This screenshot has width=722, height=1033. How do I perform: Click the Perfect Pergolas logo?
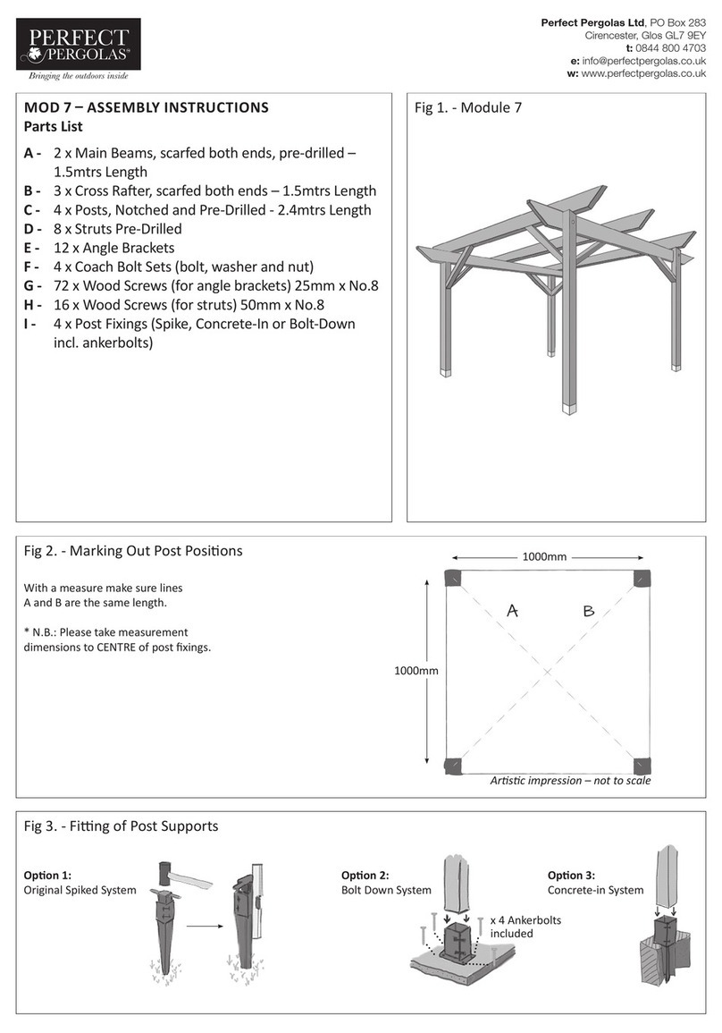[76, 49]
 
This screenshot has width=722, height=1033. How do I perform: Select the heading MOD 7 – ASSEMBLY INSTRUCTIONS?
[146, 107]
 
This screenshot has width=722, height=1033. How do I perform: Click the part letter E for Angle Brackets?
[32, 248]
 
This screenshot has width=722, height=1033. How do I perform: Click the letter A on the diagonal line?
[513, 612]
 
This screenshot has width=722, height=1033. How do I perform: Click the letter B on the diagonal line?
[588, 612]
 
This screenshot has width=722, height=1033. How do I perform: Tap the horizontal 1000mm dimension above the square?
[544, 557]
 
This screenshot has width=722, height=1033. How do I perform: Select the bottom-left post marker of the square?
[455, 764]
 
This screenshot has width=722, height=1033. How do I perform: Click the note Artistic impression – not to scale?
[570, 781]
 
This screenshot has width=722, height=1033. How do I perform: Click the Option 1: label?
[47, 875]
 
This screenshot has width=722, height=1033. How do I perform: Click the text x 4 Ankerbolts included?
[525, 927]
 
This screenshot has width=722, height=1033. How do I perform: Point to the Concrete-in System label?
[595, 890]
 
